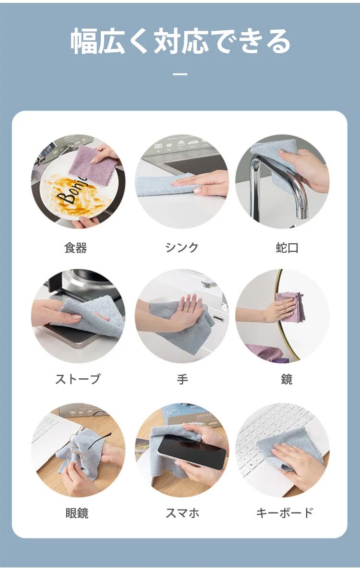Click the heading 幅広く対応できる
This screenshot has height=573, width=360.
pos(180,41)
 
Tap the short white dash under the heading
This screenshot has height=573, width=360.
pos(180,74)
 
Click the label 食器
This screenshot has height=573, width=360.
pos(76,248)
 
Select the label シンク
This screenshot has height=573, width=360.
pos(181,248)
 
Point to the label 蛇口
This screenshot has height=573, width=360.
pos(287,248)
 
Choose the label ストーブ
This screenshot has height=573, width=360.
pos(77,379)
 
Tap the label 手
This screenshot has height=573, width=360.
pos(182,379)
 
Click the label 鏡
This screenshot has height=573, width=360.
pos(287,379)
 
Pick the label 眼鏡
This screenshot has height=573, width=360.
pos(77,513)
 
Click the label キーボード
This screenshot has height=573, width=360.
pos(285,513)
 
